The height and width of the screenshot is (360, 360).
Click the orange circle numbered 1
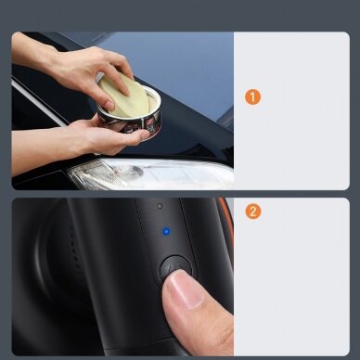tap(253, 96)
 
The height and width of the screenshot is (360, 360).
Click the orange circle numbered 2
tap(253, 212)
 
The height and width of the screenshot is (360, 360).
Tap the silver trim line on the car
tap(37, 101)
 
